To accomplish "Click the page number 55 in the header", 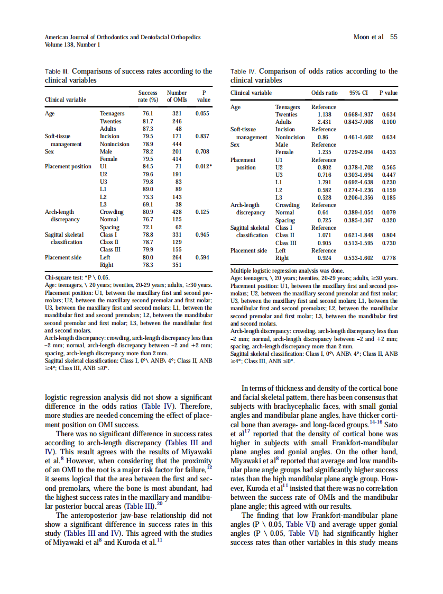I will tap(394, 37).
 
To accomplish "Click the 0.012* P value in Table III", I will tap(204, 167).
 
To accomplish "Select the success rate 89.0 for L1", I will tap(148, 189).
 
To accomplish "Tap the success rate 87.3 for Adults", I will tap(148, 129).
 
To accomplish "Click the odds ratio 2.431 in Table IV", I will tap(324, 122).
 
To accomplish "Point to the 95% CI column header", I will tap(358, 93).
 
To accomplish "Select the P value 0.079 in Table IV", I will tap(389, 213).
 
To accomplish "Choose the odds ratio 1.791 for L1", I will tap(324, 183).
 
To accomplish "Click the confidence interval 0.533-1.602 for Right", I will tap(358, 258).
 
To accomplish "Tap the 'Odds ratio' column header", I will tap(324, 93).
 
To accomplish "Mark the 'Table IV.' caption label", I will tap(243, 71).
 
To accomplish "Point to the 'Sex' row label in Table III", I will tap(50, 151).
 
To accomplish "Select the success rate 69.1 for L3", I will tap(148, 204).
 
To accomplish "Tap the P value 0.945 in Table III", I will tap(204, 235).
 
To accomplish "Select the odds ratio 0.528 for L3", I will tap(324, 197).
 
